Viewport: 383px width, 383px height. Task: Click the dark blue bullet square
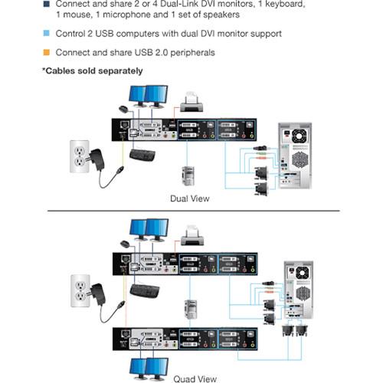click(x=45, y=4)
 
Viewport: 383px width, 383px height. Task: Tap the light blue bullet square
click(x=45, y=34)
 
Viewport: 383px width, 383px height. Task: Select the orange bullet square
click(x=45, y=52)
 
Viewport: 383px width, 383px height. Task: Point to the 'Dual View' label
click(x=190, y=198)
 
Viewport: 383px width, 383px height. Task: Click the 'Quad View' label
click(x=190, y=376)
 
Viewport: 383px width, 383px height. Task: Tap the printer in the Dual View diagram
click(x=190, y=100)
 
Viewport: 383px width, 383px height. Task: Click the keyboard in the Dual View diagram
click(x=143, y=155)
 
